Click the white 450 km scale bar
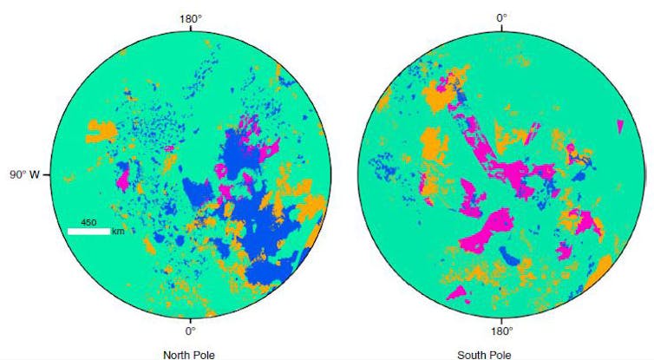click(x=88, y=232)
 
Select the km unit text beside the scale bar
click(x=118, y=232)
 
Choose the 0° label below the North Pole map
click(x=190, y=331)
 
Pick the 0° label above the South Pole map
click(x=500, y=16)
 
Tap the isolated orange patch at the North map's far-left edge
click(x=101, y=132)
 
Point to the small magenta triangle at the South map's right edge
click(x=622, y=127)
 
